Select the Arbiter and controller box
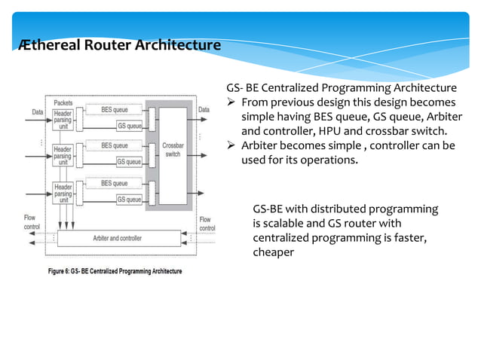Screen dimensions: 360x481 tap(116, 238)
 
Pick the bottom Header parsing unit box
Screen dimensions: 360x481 tap(63, 193)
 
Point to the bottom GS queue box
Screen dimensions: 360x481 tap(128, 200)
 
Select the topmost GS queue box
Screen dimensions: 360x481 tap(128, 126)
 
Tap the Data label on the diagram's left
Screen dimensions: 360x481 tap(37, 111)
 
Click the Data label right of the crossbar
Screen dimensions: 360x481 tap(204, 110)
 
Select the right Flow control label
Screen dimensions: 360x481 tap(205, 224)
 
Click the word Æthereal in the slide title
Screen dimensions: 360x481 tap(46, 45)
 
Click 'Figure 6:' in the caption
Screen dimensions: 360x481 tap(66, 271)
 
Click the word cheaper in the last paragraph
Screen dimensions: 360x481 tap(273, 252)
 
